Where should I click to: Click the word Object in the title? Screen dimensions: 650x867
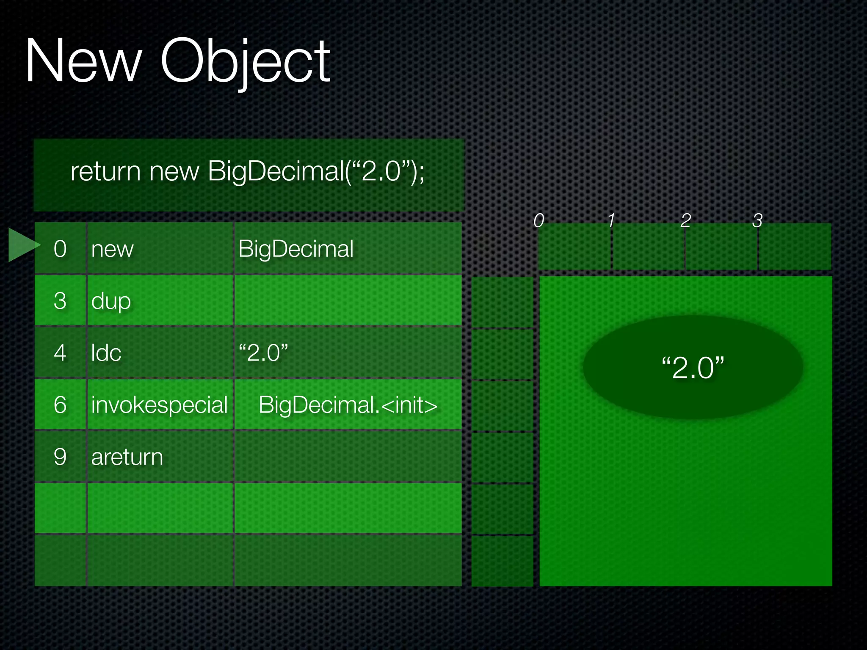coord(245,61)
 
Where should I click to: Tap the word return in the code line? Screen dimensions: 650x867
coord(105,171)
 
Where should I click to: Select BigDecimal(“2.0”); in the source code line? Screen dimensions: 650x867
coord(316,171)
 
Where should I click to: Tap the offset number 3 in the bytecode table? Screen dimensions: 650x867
coord(60,301)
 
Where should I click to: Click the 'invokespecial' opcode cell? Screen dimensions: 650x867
coord(160,405)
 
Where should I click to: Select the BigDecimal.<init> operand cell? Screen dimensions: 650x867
coord(348,405)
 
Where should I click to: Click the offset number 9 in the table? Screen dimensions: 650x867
coord(60,457)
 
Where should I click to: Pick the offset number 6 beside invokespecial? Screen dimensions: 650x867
coord(60,405)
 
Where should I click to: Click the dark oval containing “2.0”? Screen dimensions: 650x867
coord(693,367)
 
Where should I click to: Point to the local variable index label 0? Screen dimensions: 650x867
coord(538,220)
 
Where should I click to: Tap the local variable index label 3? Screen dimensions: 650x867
coord(757,220)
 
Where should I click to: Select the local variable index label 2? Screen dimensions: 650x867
coord(686,220)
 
